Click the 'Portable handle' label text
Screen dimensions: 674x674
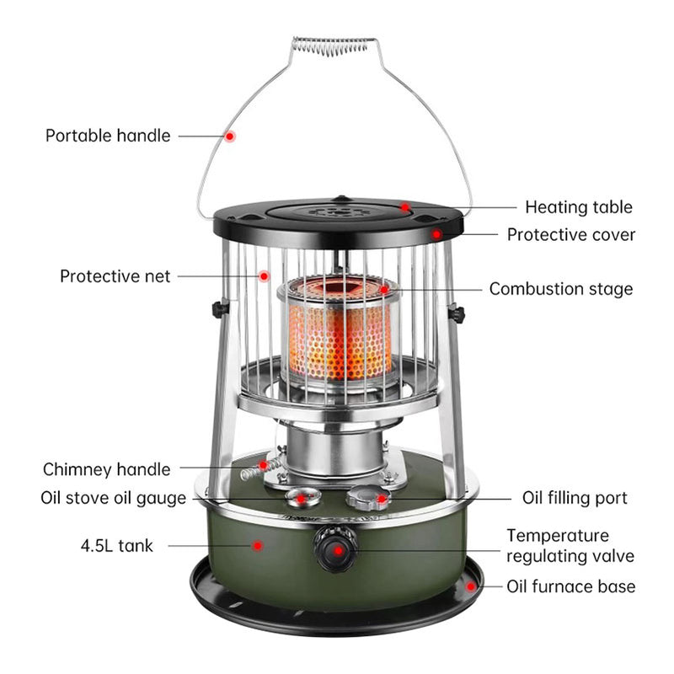pos(108,136)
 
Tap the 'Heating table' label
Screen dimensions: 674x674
pos(578,207)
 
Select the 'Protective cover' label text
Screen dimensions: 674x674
pos(571,235)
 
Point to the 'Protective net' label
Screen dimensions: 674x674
pos(115,276)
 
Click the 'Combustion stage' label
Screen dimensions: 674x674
pos(561,289)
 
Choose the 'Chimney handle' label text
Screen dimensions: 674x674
pos(106,469)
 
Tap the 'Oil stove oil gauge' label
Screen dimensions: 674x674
pos(113,498)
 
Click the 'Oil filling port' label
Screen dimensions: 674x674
pos(575,498)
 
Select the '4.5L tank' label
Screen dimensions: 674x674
pos(117,546)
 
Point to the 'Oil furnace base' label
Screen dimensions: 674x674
pos(570,586)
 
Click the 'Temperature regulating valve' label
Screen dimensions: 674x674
pos(570,545)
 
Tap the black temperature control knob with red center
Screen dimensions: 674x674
pos(336,550)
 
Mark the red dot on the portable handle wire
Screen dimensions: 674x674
pos(230,135)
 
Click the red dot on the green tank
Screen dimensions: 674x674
pos(259,545)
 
